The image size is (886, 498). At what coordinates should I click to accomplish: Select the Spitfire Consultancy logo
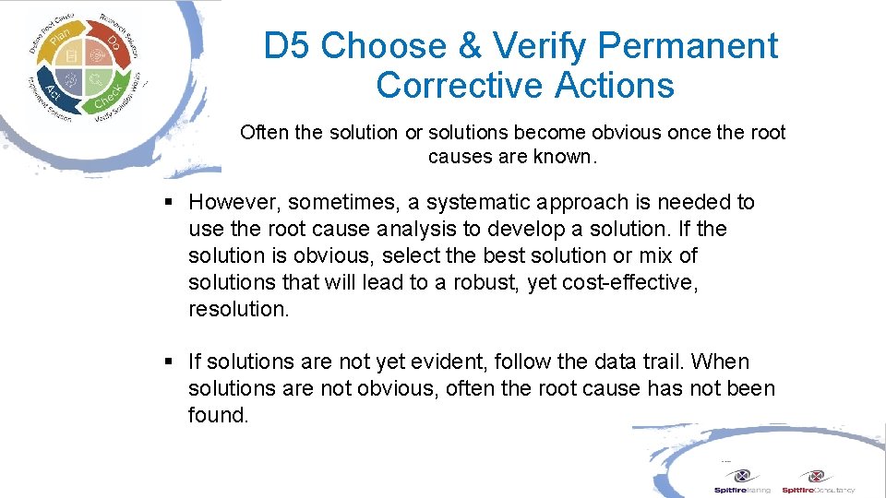click(x=818, y=480)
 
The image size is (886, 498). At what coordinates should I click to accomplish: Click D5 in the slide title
click(x=287, y=45)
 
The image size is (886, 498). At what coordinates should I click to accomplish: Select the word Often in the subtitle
click(x=264, y=132)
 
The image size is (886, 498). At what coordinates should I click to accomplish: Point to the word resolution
click(x=238, y=309)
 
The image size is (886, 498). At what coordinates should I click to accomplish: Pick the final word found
click(x=218, y=415)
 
